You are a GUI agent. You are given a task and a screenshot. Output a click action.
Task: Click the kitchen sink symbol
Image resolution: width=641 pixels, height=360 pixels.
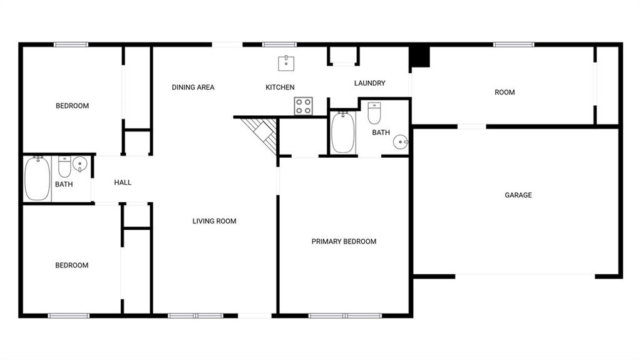click(286, 63)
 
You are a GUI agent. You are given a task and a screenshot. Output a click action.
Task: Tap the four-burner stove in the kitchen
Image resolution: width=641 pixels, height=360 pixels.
click(304, 106)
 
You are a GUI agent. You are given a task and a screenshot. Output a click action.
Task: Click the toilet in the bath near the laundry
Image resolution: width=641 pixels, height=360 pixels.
click(374, 113)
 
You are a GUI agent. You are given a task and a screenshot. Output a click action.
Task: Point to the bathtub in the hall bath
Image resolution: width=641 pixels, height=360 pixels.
click(37, 179)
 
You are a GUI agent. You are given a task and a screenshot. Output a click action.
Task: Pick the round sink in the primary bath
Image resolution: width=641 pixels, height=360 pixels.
click(401, 142)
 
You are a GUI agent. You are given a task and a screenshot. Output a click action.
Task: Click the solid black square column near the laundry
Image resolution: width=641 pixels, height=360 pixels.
click(420, 57)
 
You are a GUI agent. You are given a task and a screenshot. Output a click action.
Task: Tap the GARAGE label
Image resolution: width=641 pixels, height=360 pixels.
click(518, 195)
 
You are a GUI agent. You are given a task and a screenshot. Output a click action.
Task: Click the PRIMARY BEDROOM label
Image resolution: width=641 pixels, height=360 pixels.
click(344, 242)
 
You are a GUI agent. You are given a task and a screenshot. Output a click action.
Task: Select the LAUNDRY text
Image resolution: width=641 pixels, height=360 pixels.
click(369, 83)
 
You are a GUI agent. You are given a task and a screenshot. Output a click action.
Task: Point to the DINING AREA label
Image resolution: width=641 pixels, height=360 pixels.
click(193, 87)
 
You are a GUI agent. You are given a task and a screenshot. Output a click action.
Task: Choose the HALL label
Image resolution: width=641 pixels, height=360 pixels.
click(123, 182)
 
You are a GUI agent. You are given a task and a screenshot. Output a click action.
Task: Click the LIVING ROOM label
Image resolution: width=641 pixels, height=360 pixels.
click(214, 221)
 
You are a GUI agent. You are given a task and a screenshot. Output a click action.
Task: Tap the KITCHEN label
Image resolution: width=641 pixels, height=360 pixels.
click(280, 87)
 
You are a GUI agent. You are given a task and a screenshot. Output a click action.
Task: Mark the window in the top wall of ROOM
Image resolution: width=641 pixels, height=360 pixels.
click(513, 44)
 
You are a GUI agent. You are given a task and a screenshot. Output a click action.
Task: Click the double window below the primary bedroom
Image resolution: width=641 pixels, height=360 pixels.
click(345, 316)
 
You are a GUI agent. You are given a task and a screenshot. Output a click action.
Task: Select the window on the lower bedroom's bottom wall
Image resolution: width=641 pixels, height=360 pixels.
click(68, 316)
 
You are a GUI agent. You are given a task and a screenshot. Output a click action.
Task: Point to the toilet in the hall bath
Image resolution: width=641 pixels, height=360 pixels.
click(64, 167)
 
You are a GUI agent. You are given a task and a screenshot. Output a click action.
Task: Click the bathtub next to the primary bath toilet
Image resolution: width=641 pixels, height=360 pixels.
click(342, 133)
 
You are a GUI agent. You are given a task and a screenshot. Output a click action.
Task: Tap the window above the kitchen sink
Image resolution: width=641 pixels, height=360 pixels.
click(279, 44)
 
